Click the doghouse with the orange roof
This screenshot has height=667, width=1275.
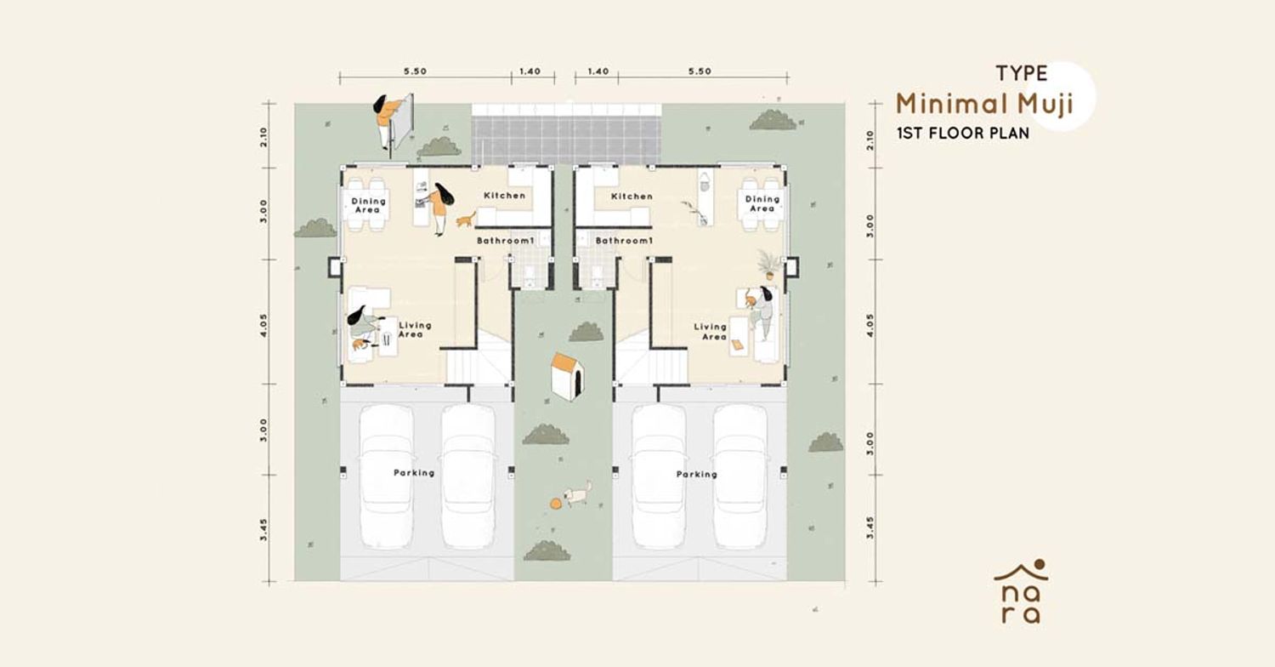pos(567,376)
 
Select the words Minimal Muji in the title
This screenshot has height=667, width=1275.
pos(984,105)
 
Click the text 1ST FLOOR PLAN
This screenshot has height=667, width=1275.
pos(963,134)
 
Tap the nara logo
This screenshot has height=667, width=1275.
pos(1021,591)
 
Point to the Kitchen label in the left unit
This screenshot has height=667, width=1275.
pos(504,196)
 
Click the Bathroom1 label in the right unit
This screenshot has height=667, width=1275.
pos(623,241)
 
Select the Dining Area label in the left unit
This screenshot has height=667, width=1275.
pos(368,205)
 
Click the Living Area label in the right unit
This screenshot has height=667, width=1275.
pos(711,332)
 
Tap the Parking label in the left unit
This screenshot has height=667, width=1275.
pos(414,473)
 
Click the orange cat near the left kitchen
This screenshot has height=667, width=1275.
pos(466,219)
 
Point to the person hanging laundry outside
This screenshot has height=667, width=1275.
pos(387,122)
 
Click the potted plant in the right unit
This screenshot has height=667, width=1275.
pos(768,265)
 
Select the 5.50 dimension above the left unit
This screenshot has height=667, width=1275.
pos(415,71)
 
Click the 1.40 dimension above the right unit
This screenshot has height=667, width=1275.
pos(598,71)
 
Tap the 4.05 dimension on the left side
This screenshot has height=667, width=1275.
pos(263,325)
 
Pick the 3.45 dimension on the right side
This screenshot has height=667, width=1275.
pos(870,528)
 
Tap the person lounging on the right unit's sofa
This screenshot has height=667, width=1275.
pos(761,314)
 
